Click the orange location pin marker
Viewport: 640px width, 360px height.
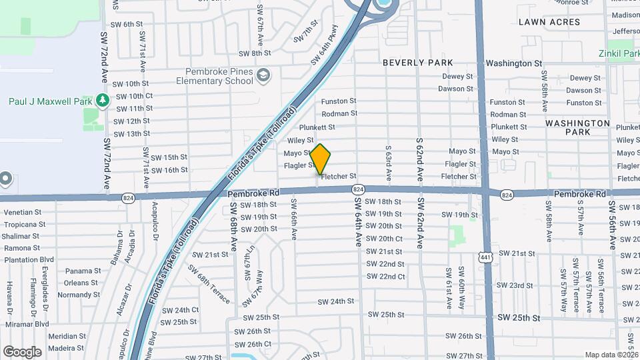click(x=321, y=159)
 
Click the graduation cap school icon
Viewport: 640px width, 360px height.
click(x=264, y=75)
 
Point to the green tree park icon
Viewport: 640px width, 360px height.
click(x=102, y=101)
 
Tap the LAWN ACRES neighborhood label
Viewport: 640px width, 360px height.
click(x=549, y=22)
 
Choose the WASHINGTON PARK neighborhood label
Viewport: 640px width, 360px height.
click(x=577, y=127)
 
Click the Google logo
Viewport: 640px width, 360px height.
click(x=22, y=351)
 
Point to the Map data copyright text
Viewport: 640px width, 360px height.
click(x=611, y=355)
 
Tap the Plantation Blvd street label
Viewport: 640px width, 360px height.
click(x=29, y=259)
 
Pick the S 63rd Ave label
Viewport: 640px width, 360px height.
click(x=387, y=159)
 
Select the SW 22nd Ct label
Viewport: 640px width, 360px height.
click(x=385, y=277)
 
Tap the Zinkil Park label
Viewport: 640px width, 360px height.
click(x=619, y=53)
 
